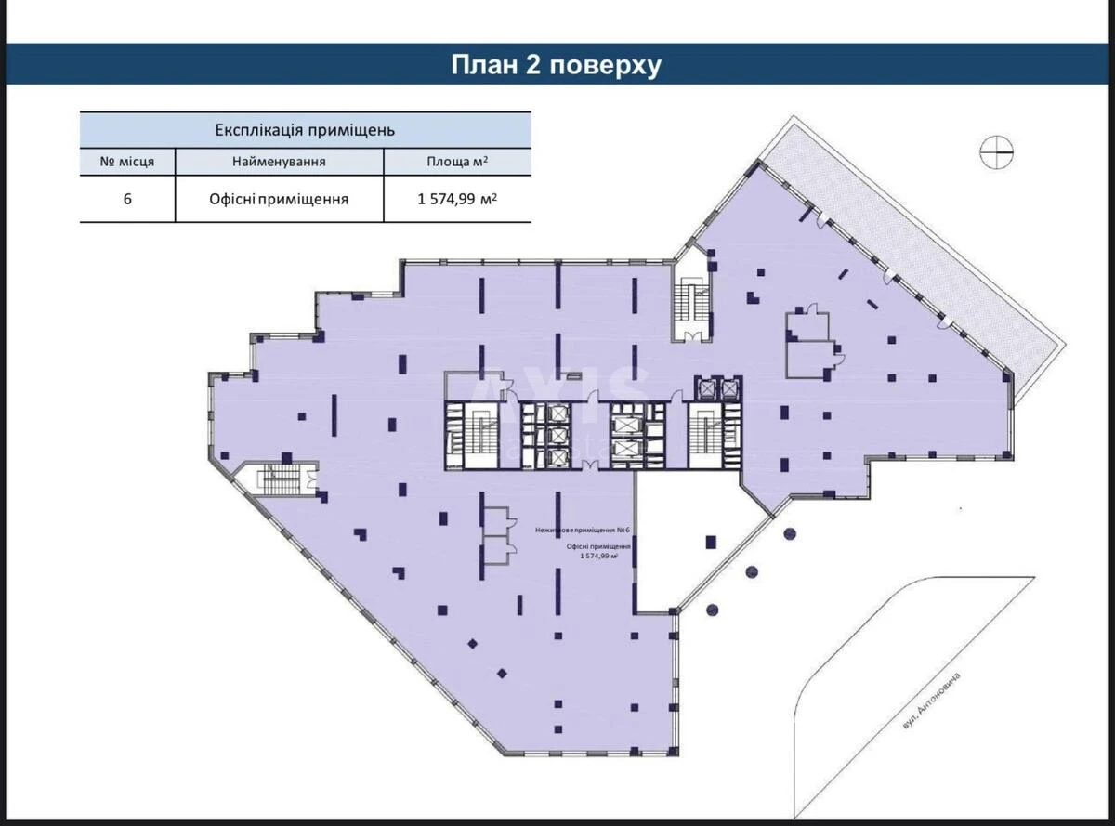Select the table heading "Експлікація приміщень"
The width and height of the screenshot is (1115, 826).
pyautogui.click(x=306, y=129)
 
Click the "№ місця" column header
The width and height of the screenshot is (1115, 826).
pyautogui.click(x=127, y=162)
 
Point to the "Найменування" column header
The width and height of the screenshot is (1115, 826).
pyautogui.click(x=279, y=162)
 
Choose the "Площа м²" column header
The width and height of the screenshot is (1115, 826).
pyautogui.click(x=457, y=162)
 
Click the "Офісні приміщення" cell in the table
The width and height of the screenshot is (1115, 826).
pyautogui.click(x=279, y=199)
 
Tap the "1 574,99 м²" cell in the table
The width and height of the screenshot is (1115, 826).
pyautogui.click(x=457, y=199)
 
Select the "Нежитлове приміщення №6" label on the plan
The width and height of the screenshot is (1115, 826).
pyautogui.click(x=583, y=531)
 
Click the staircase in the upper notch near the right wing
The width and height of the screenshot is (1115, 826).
pyautogui.click(x=692, y=302)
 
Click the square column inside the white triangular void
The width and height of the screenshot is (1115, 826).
pyautogui.click(x=711, y=541)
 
